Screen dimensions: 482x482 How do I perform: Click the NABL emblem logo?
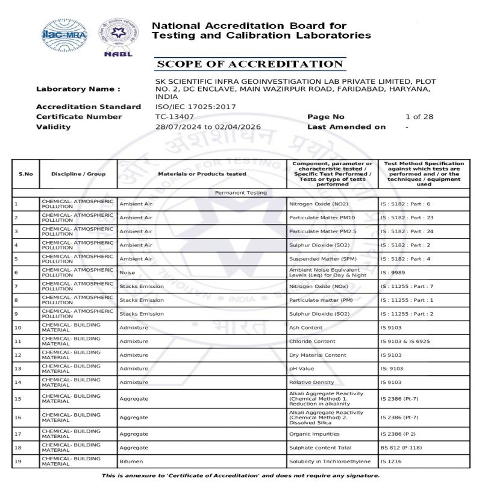tap(118, 36)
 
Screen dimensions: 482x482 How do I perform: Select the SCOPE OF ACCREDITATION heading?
tap(249, 64)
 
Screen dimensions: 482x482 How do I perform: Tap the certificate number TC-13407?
tap(175, 117)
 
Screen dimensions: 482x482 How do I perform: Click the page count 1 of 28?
tap(419, 117)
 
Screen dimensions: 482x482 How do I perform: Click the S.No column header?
tap(26, 174)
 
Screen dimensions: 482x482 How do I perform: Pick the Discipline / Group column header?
tap(78, 174)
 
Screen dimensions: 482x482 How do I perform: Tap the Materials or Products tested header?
tap(202, 174)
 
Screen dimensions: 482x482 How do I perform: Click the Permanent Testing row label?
tap(241, 193)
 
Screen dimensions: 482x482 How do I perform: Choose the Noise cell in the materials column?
tap(127, 272)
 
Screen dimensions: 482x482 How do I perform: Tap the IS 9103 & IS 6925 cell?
tap(405, 341)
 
